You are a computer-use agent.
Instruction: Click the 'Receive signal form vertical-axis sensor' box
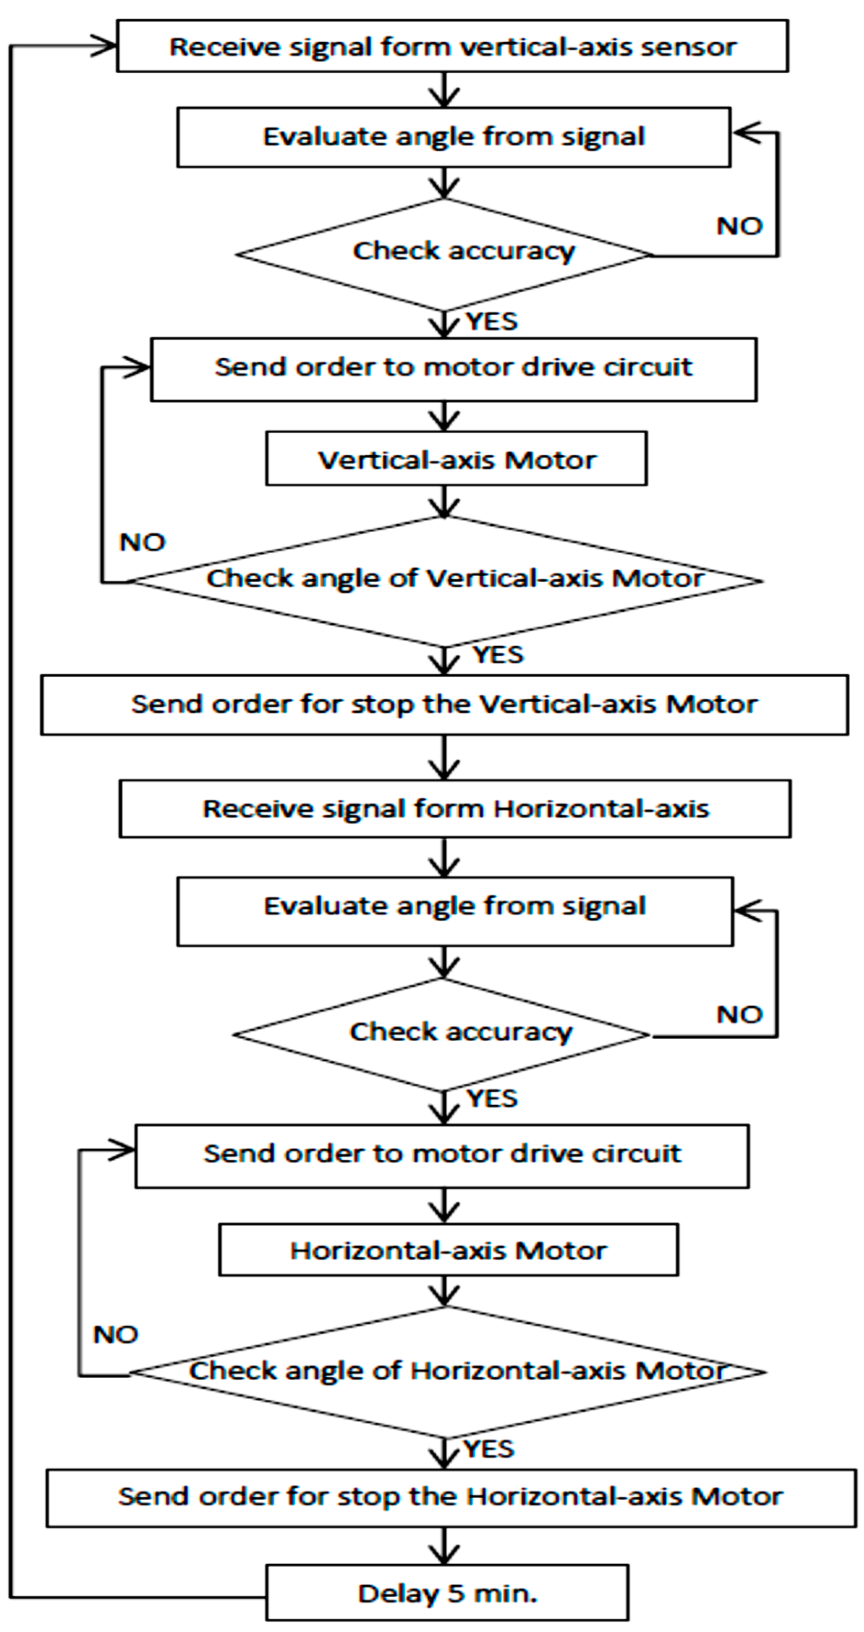[452, 46]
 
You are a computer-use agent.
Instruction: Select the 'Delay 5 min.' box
[447, 1593]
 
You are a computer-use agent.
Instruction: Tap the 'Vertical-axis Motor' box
[456, 459]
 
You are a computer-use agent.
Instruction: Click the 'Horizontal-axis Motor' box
[448, 1250]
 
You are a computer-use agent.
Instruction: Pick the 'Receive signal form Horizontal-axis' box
[455, 808]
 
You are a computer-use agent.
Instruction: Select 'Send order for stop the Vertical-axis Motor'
[444, 704]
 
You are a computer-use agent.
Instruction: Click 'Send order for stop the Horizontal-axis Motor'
[451, 1496]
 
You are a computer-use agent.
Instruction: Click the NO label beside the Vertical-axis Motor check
[142, 542]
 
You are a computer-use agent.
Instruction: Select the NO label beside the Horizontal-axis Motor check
[116, 1335]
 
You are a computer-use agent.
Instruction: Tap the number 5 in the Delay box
[456, 1593]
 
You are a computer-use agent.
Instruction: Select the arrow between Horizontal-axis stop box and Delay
[445, 1546]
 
